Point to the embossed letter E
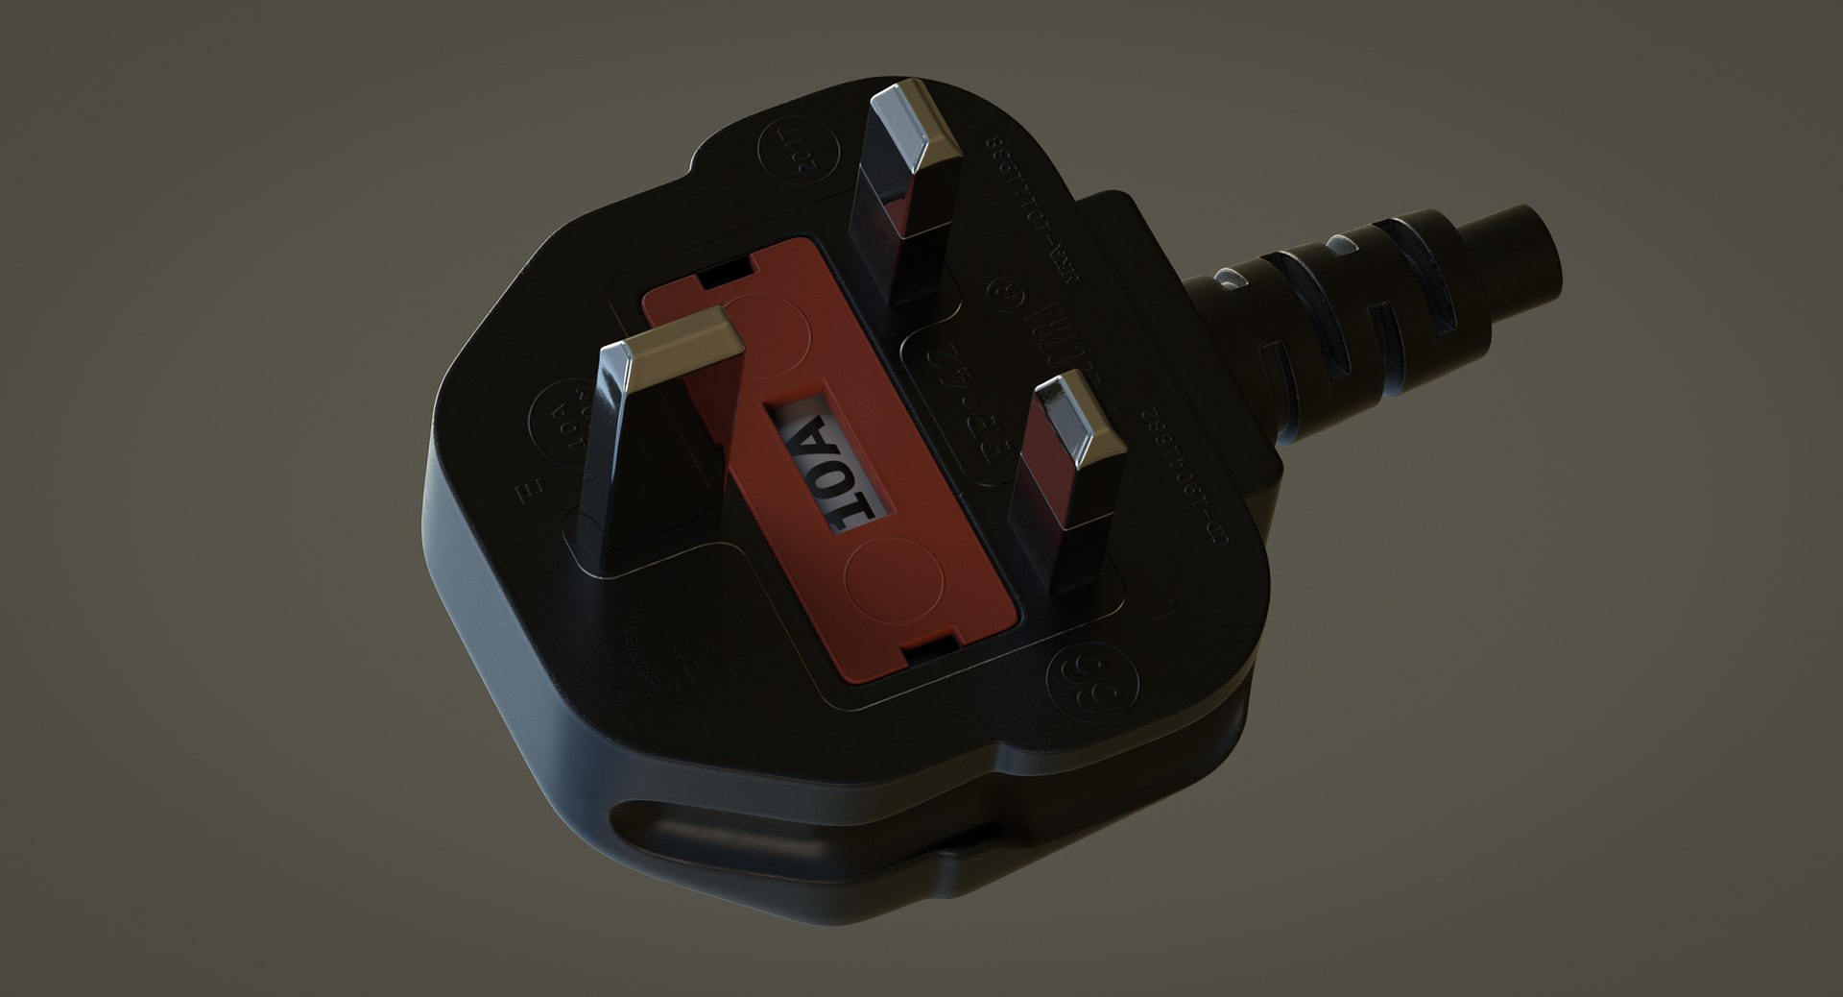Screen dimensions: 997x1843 coord(524,497)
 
